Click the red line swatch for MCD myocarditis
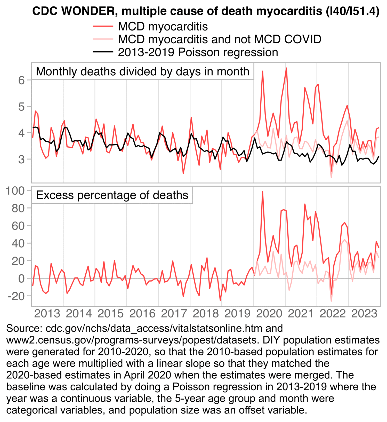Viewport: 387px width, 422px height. coord(103,26)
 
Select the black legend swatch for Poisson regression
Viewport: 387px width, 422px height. coord(103,52)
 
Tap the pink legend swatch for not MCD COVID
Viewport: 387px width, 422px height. coord(103,39)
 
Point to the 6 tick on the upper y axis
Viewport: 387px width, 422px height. coord(21,80)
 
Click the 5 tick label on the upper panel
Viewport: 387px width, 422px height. coord(21,107)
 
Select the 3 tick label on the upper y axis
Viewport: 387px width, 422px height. coord(21,159)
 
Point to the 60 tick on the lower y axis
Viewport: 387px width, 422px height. coord(18,226)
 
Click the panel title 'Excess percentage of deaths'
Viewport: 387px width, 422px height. coord(112,195)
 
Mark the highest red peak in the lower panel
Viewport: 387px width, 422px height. coord(262,192)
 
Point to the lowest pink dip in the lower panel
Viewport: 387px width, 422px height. coord(331,301)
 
